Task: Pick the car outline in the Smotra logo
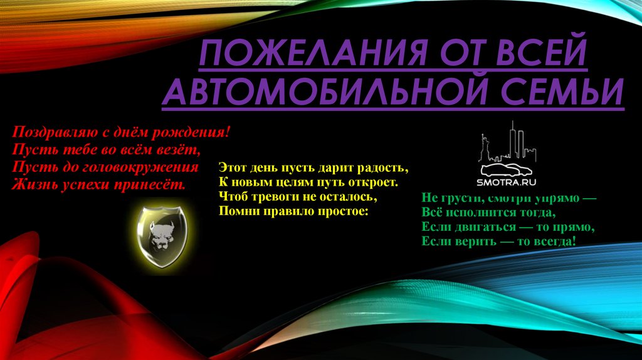[507, 169]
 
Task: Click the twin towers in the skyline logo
[514, 139]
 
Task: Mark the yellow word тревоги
[270, 197]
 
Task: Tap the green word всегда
[552, 241]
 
